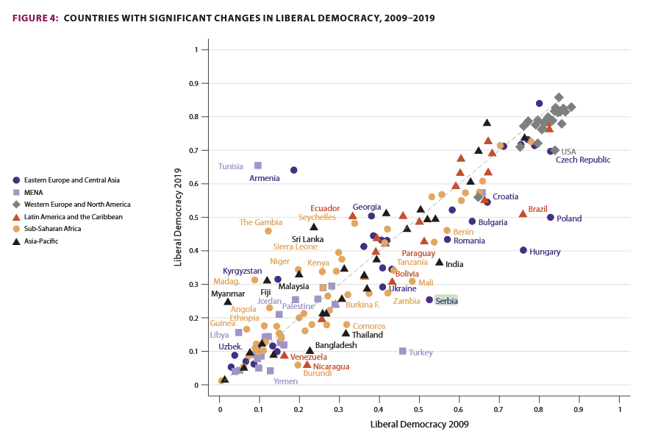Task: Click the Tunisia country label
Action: pos(230,166)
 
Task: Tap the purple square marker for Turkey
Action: pos(403,351)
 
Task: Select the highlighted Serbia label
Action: pos(446,300)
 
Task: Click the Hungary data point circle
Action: pos(523,250)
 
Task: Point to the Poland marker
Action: pos(551,217)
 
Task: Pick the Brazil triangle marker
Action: pos(523,213)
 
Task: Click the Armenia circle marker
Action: pos(294,170)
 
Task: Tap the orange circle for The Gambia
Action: pos(268,231)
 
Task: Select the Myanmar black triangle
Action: pos(228,301)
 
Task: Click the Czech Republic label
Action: pos(582,160)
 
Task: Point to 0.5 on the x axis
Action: pos(420,409)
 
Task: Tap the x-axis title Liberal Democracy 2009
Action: pos(419,424)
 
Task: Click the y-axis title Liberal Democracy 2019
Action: pos(179,217)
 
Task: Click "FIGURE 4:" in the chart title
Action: pos(35,18)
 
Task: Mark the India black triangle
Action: pos(439,262)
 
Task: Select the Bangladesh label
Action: pos(336,345)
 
